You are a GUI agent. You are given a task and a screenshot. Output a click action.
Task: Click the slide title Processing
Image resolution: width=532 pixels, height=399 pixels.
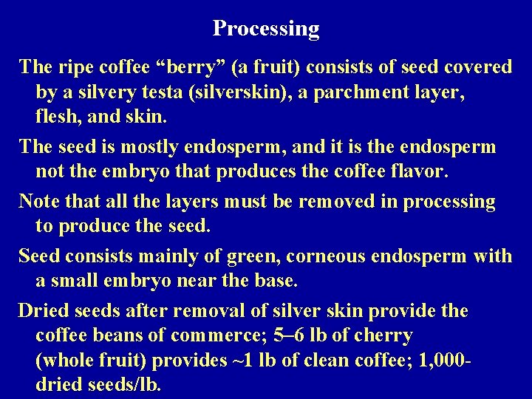click(x=266, y=29)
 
